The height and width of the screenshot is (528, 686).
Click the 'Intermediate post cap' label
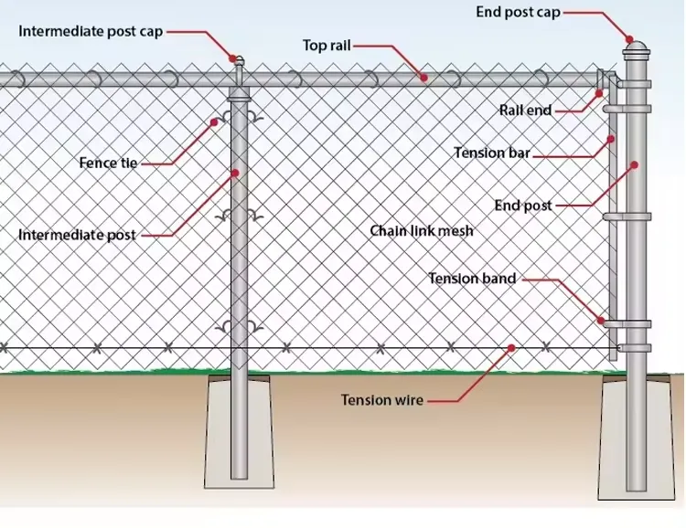click(91, 31)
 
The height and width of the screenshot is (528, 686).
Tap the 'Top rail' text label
click(327, 45)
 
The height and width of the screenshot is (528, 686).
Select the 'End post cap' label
click(518, 13)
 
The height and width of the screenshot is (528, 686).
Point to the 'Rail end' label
click(525, 111)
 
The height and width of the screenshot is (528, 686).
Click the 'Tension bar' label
click(492, 153)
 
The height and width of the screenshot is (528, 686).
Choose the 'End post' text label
click(523, 206)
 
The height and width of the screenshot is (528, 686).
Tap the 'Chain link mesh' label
click(422, 231)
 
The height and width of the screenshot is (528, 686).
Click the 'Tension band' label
click(472, 278)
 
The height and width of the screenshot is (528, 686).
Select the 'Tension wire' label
click(382, 400)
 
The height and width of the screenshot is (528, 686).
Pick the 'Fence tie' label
click(108, 164)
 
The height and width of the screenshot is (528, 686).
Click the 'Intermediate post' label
click(77, 236)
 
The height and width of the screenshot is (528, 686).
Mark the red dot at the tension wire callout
click(512, 347)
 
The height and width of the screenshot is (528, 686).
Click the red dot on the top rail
click(424, 79)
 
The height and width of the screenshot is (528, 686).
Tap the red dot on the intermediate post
click(234, 172)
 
